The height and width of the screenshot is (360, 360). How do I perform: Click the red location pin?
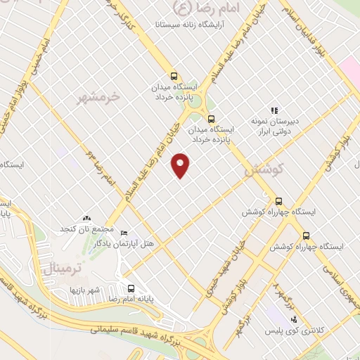(x=181, y=165)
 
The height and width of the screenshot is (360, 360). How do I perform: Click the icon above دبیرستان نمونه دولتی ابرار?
(x=275, y=110)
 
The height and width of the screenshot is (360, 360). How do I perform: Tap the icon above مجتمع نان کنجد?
(x=87, y=219)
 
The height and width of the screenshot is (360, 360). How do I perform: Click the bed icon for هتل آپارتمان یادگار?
(x=124, y=233)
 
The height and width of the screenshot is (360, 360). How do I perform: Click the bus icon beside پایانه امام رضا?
(x=131, y=288)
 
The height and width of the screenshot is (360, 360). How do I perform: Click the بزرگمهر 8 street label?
(x=276, y=290)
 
